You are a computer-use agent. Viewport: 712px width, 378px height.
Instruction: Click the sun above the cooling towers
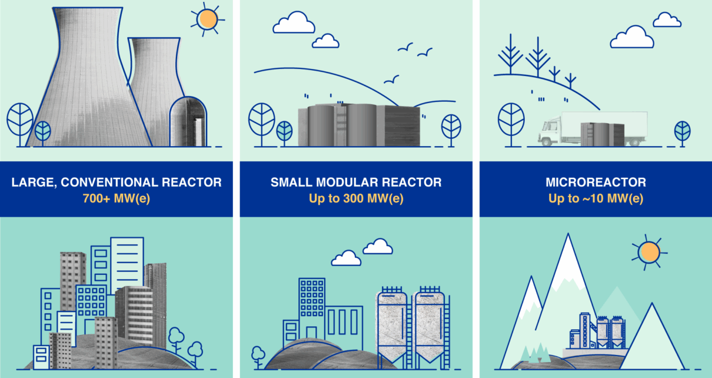[207, 19]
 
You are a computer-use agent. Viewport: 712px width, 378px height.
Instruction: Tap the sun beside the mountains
[650, 253]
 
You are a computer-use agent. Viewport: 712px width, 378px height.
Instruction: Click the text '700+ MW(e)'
[117, 198]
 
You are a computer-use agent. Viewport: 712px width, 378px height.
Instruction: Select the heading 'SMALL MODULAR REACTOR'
[356, 183]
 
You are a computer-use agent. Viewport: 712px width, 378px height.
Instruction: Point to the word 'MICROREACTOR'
[595, 183]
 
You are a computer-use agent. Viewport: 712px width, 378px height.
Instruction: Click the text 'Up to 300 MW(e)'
[356, 198]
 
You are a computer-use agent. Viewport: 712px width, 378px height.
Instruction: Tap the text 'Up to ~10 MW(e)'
[595, 198]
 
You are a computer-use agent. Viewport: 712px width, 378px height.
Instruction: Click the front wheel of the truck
[546, 141]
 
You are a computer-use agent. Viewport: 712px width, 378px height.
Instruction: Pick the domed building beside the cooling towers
[188, 122]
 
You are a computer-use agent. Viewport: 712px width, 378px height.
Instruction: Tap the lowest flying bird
[391, 79]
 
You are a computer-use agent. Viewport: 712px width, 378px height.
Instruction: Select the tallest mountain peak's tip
[568, 234]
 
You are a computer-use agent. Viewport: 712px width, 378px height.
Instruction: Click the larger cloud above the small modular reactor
[294, 22]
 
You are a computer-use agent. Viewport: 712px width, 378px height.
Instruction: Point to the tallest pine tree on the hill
[538, 57]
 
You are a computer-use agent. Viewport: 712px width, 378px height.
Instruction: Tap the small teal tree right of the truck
[682, 132]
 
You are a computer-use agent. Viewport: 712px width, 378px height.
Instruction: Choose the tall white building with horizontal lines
[127, 265]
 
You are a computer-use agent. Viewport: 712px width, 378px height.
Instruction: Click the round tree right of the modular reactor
[451, 130]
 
